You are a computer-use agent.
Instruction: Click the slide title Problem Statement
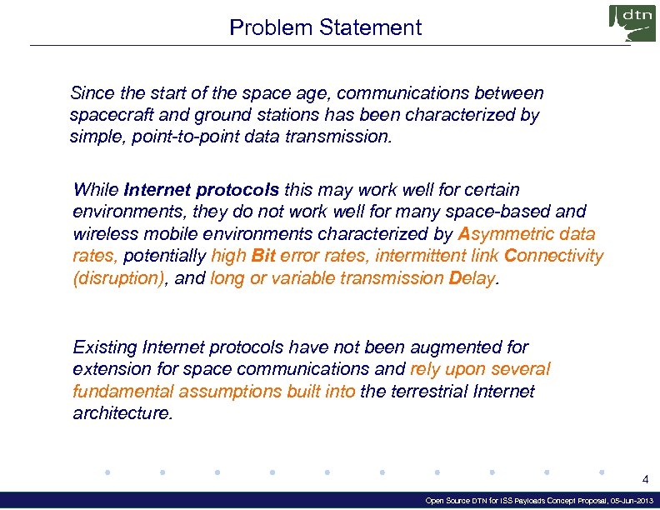click(x=325, y=27)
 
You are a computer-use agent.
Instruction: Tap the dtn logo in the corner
click(x=632, y=22)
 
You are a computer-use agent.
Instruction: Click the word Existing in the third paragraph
click(x=105, y=347)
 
